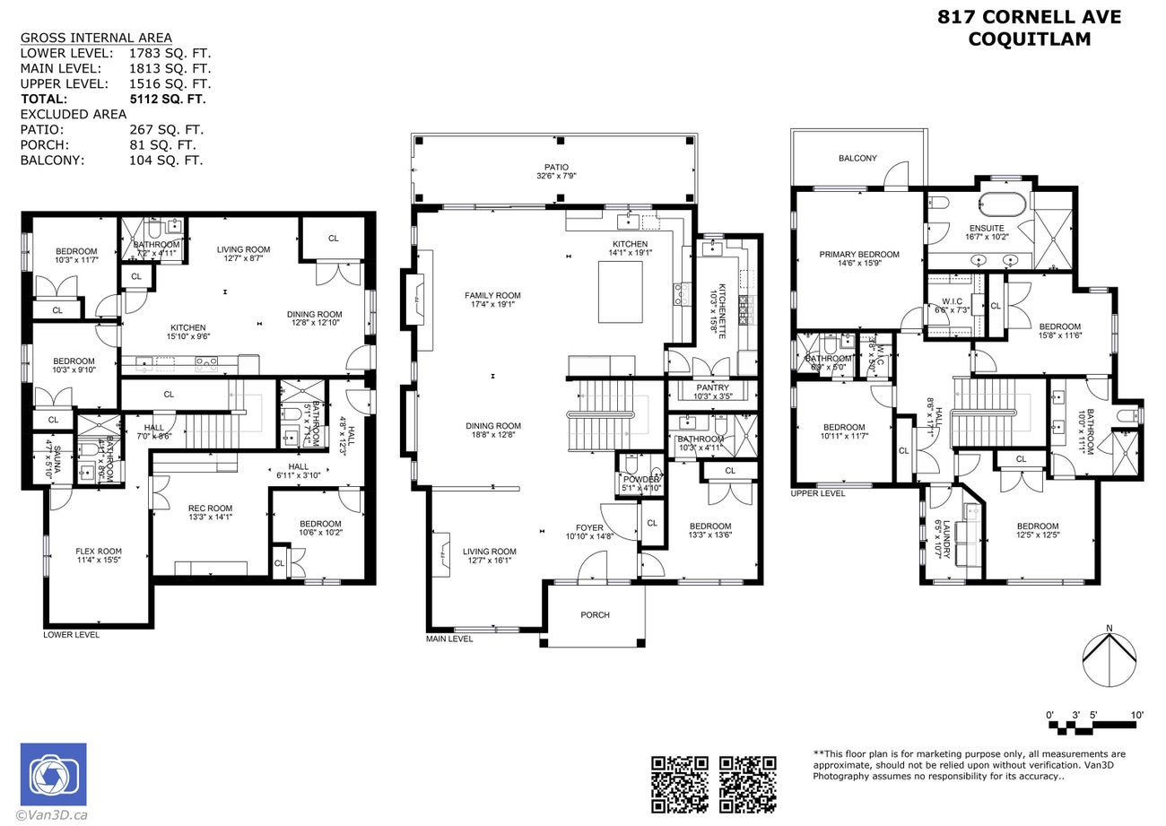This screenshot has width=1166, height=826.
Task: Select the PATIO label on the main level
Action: tap(556, 168)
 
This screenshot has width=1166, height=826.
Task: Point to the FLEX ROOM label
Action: tap(99, 552)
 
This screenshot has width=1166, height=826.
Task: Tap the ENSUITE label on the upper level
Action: tap(986, 229)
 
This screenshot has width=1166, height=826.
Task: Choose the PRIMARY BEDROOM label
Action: tap(858, 255)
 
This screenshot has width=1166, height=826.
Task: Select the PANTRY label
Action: tap(712, 387)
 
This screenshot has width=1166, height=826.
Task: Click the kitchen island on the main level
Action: tap(621, 291)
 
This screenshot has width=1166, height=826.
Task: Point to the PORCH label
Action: tap(595, 614)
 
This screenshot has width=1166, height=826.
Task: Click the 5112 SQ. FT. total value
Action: tap(168, 99)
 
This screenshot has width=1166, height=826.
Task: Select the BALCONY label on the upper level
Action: tap(857, 158)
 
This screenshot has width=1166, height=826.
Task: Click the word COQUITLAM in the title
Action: tap(1030, 39)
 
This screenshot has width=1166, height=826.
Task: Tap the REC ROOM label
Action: tap(210, 509)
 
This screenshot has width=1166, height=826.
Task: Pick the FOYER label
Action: tap(588, 527)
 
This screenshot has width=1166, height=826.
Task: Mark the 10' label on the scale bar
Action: tap(1136, 715)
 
